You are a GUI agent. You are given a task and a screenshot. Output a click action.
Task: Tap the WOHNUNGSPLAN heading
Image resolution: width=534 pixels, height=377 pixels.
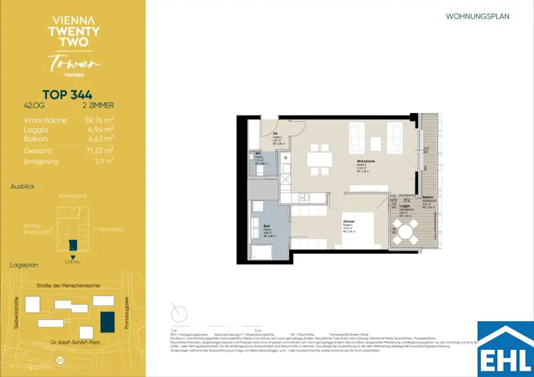coord(477,17)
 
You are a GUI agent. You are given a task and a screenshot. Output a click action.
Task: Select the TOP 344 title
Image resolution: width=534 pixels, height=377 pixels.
coord(67,94)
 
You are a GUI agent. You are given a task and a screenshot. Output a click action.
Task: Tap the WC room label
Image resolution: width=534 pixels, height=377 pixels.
coord(258,153)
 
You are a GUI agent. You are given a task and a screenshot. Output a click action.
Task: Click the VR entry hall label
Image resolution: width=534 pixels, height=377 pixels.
coord(275,133)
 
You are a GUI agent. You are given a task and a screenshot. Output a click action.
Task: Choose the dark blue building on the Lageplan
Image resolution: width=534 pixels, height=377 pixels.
coord(108,325)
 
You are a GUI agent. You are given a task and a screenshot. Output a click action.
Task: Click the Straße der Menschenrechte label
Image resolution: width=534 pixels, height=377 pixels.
coord(65,285)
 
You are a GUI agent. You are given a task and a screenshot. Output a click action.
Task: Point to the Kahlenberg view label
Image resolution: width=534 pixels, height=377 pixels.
coord(73,196)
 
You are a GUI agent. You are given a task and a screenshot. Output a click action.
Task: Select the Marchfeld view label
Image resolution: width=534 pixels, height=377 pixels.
coord(106,228)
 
